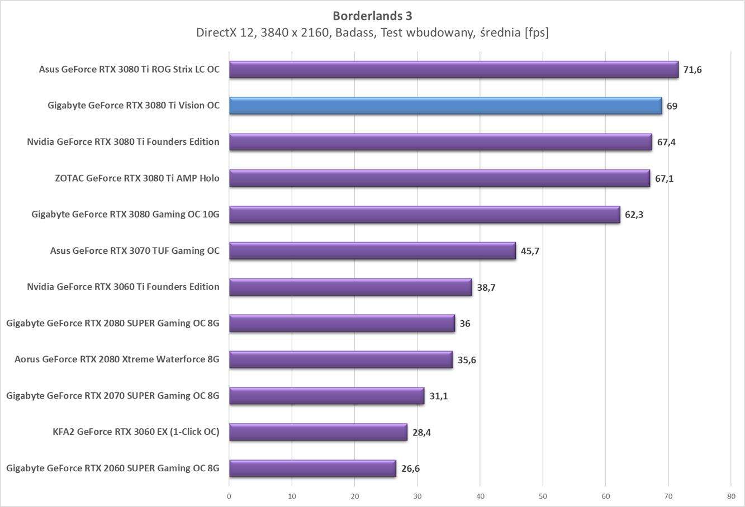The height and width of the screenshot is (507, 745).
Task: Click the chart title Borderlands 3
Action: (x=372, y=16)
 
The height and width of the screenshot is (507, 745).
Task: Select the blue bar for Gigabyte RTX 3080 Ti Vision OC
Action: (x=445, y=106)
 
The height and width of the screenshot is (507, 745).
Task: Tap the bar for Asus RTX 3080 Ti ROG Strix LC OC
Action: (x=453, y=69)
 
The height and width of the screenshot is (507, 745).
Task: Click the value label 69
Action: (x=672, y=106)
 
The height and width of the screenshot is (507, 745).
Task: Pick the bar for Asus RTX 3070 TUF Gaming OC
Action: (x=372, y=251)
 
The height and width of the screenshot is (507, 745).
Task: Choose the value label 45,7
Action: (x=530, y=251)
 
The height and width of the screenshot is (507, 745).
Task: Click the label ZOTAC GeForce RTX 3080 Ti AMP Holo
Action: (x=137, y=178)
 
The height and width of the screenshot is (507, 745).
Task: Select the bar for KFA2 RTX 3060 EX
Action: (x=318, y=432)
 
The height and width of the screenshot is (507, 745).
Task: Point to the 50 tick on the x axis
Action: (x=543, y=496)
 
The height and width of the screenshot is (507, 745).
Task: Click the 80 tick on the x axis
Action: (x=731, y=496)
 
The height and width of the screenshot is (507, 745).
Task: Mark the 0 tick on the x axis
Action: (x=229, y=496)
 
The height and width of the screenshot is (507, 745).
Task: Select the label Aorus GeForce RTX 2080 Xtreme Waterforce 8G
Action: (x=117, y=359)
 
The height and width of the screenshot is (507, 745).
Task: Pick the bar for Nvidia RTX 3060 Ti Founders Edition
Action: (x=350, y=287)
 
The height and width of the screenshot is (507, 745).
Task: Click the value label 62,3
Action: (x=634, y=215)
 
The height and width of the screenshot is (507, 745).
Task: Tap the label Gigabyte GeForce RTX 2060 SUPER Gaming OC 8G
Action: (x=113, y=468)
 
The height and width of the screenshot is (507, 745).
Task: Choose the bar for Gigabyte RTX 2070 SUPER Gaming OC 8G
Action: (x=326, y=396)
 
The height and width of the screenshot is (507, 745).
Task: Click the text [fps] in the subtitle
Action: (x=536, y=33)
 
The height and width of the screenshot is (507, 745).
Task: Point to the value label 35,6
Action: (x=467, y=360)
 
